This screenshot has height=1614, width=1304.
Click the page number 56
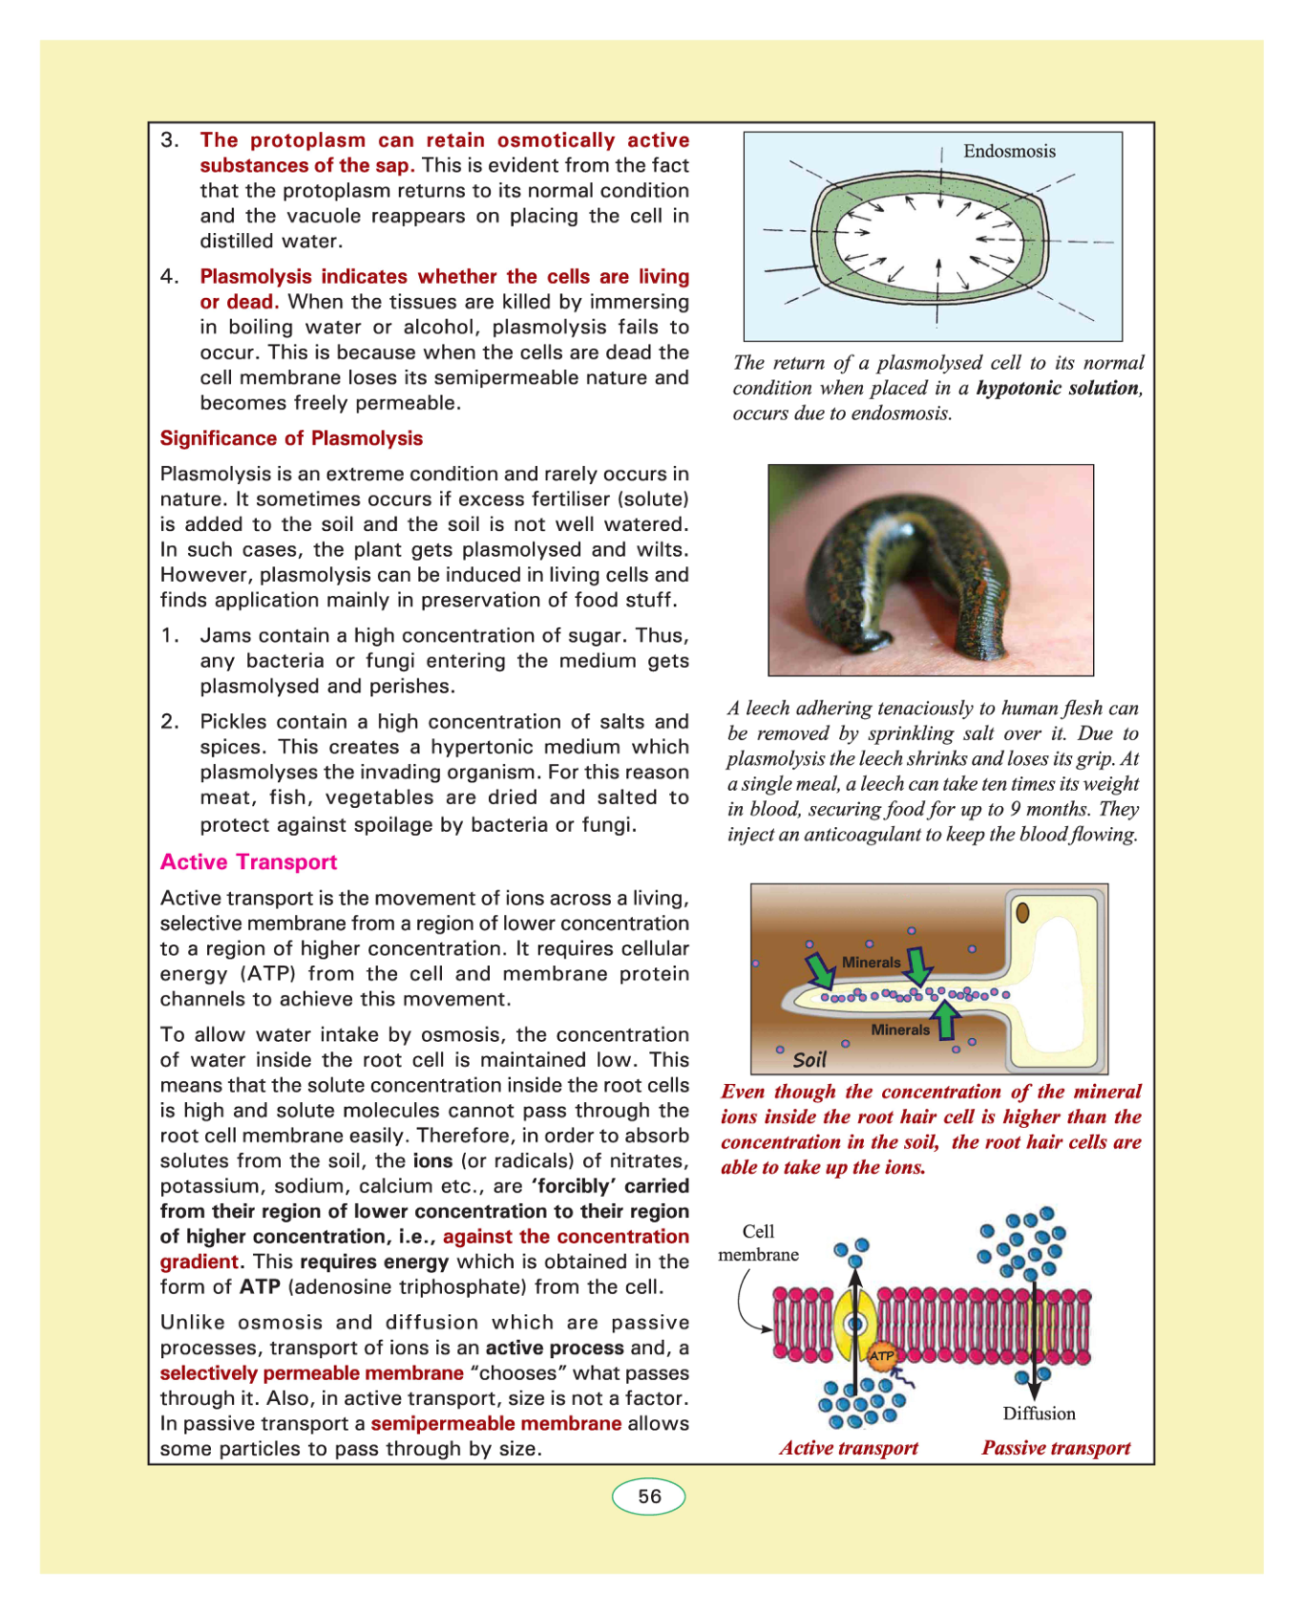(x=649, y=1497)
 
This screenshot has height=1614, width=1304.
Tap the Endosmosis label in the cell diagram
(x=1009, y=151)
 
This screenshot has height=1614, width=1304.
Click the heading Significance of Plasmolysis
(x=291, y=438)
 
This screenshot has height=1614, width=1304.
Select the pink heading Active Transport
(x=248, y=862)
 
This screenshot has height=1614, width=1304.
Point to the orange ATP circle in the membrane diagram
(x=881, y=1355)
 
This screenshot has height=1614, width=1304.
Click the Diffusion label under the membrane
(x=1039, y=1413)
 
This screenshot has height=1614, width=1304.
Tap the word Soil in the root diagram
(x=810, y=1060)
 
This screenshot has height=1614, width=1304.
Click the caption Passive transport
(x=1056, y=1448)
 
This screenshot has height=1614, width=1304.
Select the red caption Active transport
(x=849, y=1448)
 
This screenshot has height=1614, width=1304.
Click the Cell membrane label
(x=758, y=1242)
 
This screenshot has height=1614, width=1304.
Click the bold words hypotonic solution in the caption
(x=1058, y=388)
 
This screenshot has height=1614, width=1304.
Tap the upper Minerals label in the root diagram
(x=871, y=963)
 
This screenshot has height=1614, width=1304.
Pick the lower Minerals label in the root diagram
(x=899, y=1030)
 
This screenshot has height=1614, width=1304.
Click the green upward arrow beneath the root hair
(x=946, y=1019)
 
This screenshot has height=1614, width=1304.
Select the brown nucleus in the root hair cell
(x=1022, y=913)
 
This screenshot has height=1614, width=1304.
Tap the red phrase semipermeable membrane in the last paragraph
(x=496, y=1424)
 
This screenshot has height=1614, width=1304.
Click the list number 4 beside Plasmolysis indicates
(x=169, y=277)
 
